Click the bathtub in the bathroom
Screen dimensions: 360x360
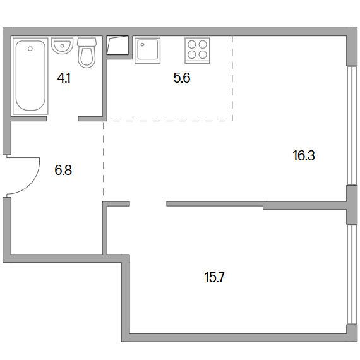tap(30, 76)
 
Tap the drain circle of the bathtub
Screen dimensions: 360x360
tap(30, 49)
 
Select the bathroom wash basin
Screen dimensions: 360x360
tap(62, 46)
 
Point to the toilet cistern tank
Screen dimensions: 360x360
tap(87, 42)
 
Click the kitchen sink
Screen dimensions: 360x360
tap(147, 51)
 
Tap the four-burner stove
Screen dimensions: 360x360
tap(197, 51)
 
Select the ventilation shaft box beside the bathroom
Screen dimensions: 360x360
tap(117, 45)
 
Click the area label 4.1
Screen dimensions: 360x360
tap(64, 78)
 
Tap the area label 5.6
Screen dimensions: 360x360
tap(182, 78)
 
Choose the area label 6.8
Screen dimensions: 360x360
tap(63, 170)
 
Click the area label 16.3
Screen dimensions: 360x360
tap(304, 155)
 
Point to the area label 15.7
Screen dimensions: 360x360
tap(214, 277)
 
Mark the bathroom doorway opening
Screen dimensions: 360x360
tap(63, 119)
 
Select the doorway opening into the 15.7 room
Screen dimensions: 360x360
tap(148, 203)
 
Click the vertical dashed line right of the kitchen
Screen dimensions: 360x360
tap(232, 78)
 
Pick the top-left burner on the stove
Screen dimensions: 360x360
tap(192, 44)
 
